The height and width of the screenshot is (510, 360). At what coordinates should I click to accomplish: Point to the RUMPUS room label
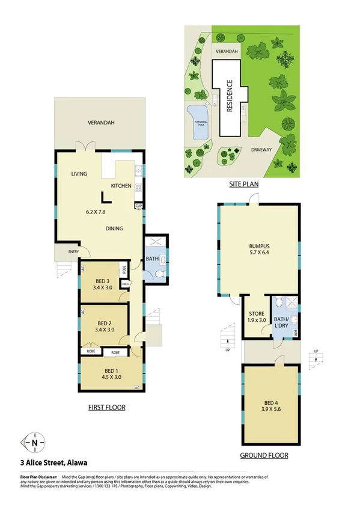(x=259, y=245)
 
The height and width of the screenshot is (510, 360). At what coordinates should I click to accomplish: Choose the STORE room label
(x=257, y=313)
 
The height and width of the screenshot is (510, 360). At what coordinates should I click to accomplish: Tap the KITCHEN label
(x=121, y=186)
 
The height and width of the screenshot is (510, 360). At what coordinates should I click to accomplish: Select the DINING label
(x=114, y=229)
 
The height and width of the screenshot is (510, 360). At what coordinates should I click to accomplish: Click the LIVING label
(x=79, y=174)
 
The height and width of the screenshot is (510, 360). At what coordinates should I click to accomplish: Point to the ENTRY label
(x=73, y=252)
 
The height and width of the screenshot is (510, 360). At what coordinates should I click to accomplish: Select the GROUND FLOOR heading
(x=264, y=455)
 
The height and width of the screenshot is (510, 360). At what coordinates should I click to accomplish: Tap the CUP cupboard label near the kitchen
(x=138, y=206)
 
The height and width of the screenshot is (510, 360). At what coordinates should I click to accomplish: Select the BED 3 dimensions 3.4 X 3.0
(x=102, y=287)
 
